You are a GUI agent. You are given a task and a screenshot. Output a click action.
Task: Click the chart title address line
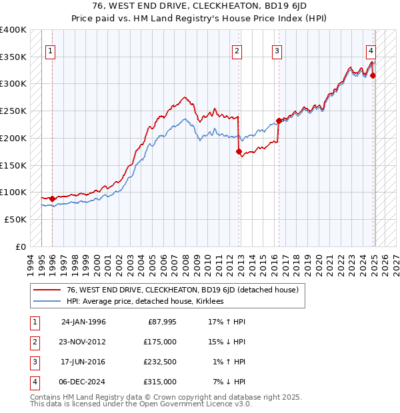coord(199,8)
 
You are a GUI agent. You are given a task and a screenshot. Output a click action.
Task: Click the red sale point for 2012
coord(239,152)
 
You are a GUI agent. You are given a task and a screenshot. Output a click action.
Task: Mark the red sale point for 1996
coord(52,199)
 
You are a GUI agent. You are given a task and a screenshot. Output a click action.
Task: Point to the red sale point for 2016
coord(279,121)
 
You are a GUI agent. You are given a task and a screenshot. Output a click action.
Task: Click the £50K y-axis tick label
coord(15,219)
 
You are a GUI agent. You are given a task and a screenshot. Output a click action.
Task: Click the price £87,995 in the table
coord(160,322)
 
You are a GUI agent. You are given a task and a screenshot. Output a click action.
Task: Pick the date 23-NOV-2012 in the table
coord(83,342)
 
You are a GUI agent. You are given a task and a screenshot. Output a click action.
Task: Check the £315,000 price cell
coord(160,382)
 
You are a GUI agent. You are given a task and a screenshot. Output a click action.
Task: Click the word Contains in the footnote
coord(47,397)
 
